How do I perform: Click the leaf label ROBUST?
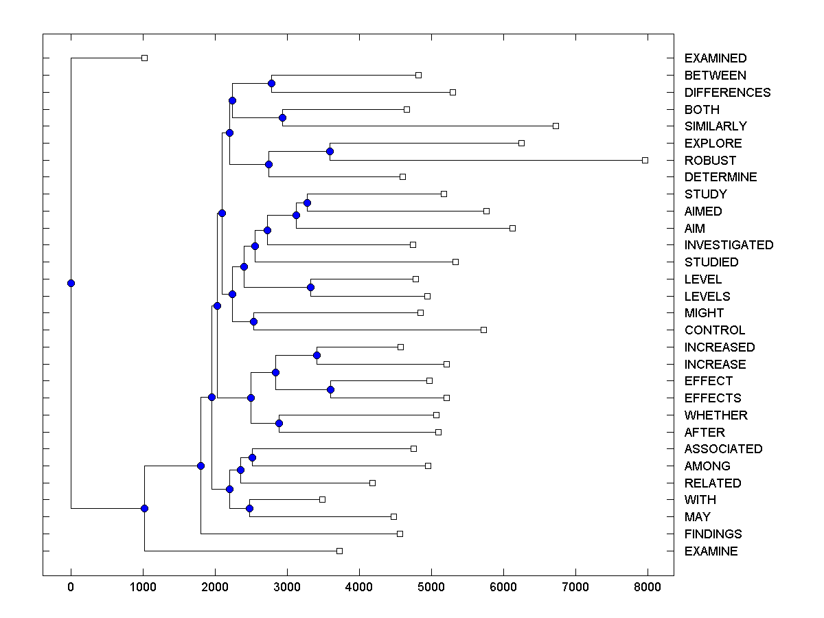click(x=710, y=160)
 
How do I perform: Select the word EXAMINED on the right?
click(x=716, y=58)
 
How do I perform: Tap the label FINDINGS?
click(x=713, y=534)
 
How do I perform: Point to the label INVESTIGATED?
click(x=729, y=245)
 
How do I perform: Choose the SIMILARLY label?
click(x=716, y=126)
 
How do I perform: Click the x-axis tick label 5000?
click(x=431, y=587)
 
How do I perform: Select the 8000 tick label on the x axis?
click(x=648, y=587)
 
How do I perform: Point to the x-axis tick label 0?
click(x=71, y=587)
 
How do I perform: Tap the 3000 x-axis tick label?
click(x=287, y=587)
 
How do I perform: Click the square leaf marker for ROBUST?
click(x=645, y=160)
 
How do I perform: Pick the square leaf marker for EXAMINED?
click(x=144, y=58)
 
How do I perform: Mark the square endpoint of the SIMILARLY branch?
click(x=556, y=126)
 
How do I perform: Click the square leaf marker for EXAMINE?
click(x=339, y=551)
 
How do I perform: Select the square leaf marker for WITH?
click(x=322, y=499)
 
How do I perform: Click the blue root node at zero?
click(x=71, y=283)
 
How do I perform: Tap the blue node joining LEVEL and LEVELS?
click(x=310, y=287)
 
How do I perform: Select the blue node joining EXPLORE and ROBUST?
click(x=330, y=151)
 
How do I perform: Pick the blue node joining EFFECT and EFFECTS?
click(x=330, y=389)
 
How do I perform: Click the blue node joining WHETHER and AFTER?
click(x=279, y=423)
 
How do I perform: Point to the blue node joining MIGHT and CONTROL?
click(x=253, y=321)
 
